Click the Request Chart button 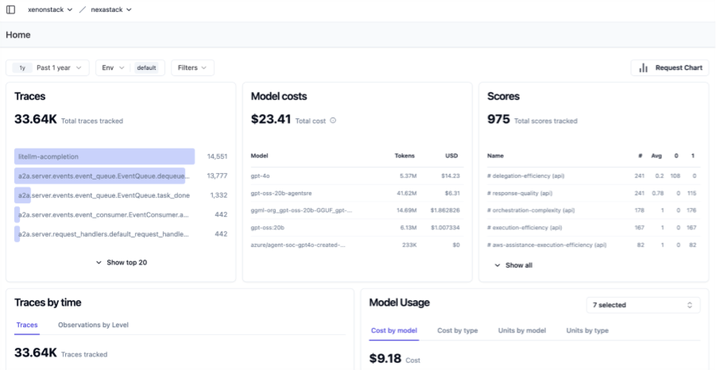pyautogui.click(x=671, y=68)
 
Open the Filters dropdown pyautogui.click(x=192, y=68)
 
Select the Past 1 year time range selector pyautogui.click(x=48, y=68)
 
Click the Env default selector pyautogui.click(x=130, y=68)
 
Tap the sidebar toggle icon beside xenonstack pyautogui.click(x=10, y=10)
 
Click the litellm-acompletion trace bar pyautogui.click(x=104, y=156)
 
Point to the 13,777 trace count pyautogui.click(x=217, y=175)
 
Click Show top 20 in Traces pyautogui.click(x=121, y=262)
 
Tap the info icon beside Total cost pyautogui.click(x=333, y=121)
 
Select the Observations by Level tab pyautogui.click(x=93, y=325)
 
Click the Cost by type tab pyautogui.click(x=457, y=330)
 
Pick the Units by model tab pyautogui.click(x=521, y=330)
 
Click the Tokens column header pyautogui.click(x=404, y=156)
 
